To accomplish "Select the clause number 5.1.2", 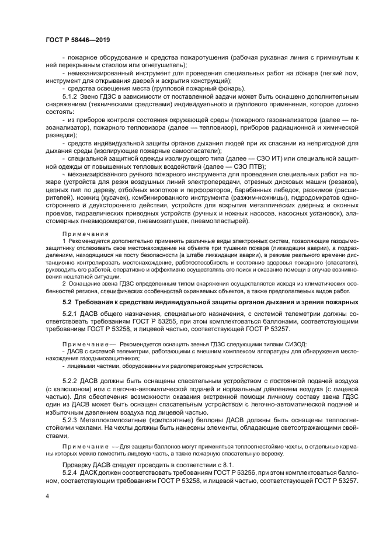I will (71, 95).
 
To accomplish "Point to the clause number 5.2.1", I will (71, 314).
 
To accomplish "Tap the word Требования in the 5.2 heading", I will (98, 302).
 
